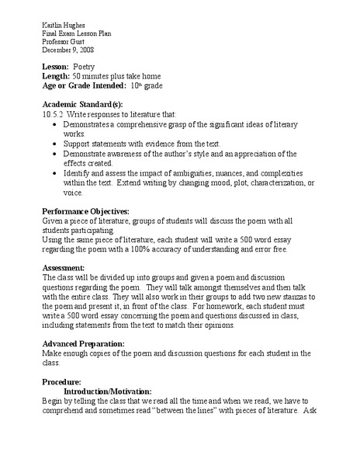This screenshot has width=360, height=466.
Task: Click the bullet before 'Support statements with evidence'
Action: point(51,144)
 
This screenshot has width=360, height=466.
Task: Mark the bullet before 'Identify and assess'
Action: point(51,173)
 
